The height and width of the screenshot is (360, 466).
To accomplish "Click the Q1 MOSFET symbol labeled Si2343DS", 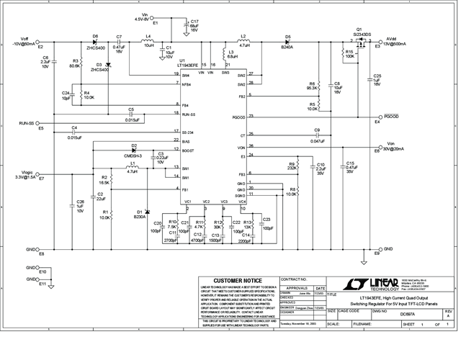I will [358, 43].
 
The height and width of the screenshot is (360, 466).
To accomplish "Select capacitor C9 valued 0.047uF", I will [317, 135].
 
